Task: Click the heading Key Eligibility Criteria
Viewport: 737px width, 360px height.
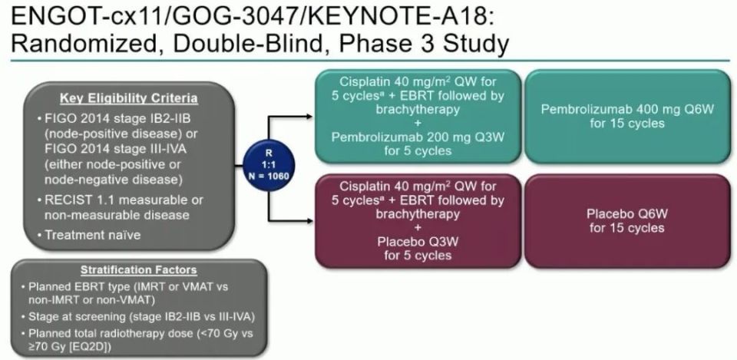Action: tap(119, 99)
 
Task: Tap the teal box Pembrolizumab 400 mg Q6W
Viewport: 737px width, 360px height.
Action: tap(627, 117)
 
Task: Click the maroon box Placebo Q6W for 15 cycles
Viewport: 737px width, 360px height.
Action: tap(627, 220)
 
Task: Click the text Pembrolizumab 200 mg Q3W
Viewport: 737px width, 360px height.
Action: tap(418, 137)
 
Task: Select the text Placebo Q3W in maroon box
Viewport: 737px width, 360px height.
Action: tap(418, 242)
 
